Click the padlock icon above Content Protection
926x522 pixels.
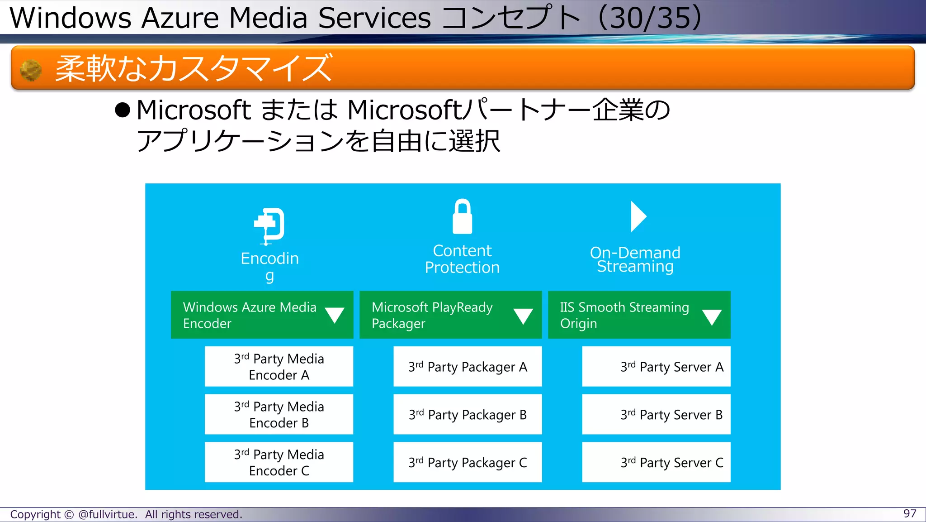pos(462,217)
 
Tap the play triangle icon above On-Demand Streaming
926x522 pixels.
pos(638,216)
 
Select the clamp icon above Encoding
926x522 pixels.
pos(269,225)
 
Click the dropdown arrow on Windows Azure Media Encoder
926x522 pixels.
pos(335,315)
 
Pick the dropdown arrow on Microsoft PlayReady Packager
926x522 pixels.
pos(523,316)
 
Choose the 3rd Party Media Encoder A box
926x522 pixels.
pos(279,367)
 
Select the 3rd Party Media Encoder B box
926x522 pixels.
pos(279,415)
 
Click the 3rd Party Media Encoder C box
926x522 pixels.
pos(279,462)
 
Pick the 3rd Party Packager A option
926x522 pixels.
pos(468,367)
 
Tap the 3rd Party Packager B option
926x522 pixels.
pos(468,415)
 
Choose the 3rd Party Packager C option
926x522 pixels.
pos(468,462)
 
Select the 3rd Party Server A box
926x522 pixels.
pos(656,367)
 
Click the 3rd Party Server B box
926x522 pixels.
pos(656,415)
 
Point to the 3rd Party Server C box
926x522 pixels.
pos(656,462)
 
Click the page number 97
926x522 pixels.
pos(910,513)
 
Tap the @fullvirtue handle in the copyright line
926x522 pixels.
pos(107,514)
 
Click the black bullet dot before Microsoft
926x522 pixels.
pos(123,110)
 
